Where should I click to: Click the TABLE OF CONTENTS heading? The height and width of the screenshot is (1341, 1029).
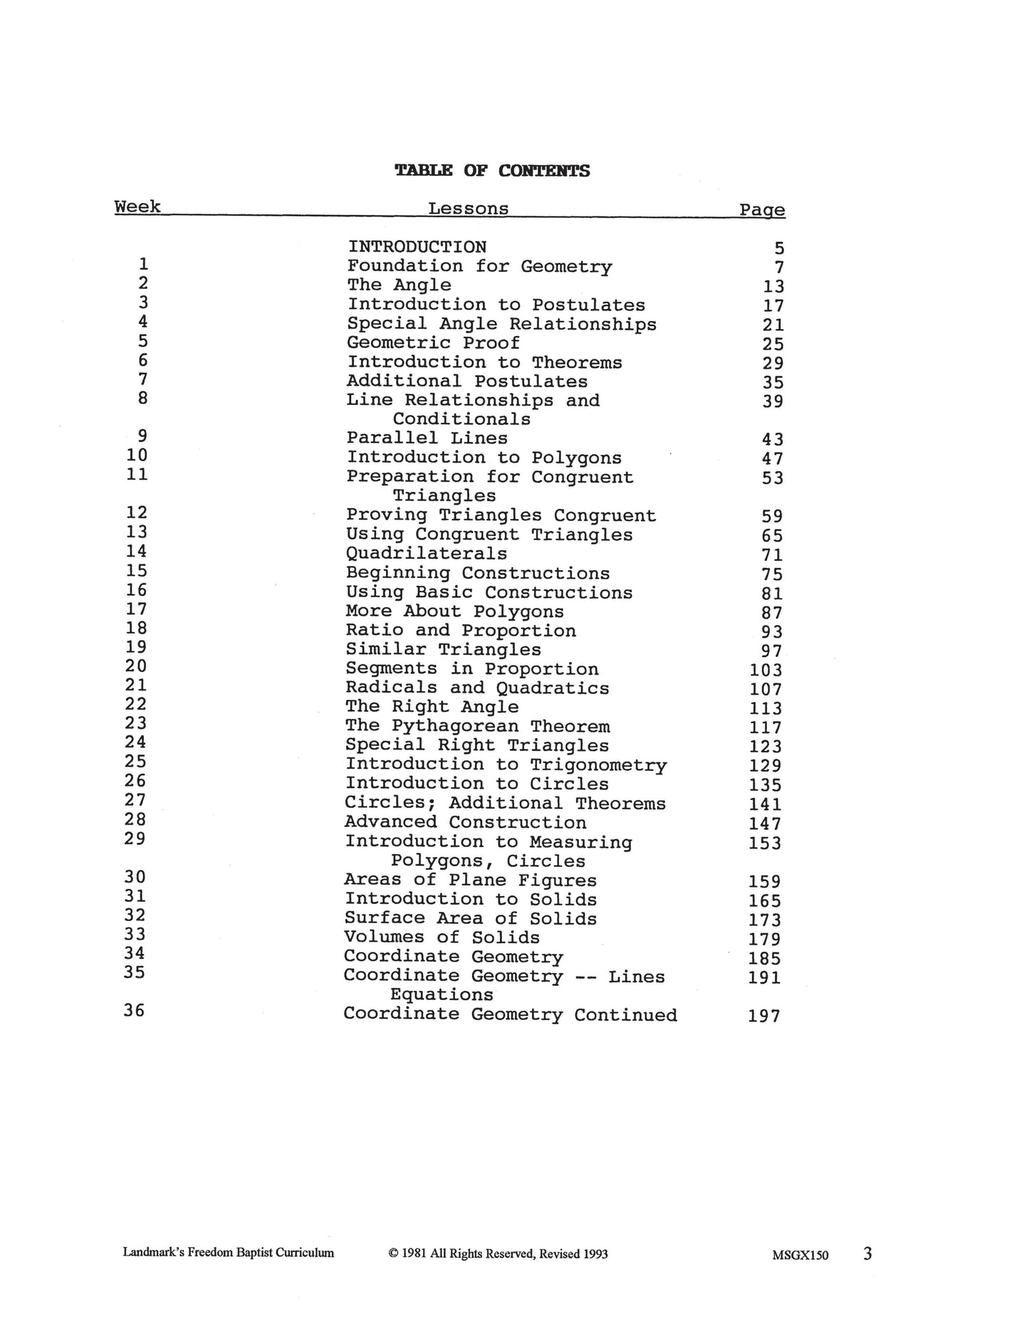coord(492,171)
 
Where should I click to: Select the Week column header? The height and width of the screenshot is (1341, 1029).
coord(137,207)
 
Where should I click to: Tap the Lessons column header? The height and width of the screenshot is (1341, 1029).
coord(468,209)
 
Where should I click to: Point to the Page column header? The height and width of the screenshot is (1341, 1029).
coord(762,210)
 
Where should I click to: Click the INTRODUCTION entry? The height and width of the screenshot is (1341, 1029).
coord(417,247)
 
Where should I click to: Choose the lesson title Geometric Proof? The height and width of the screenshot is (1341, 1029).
coord(433,343)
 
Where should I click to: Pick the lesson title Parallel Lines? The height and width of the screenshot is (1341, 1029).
coord(427,438)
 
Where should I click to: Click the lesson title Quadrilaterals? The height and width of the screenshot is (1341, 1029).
coord(427,554)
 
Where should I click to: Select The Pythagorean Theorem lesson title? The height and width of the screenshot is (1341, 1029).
coord(477,726)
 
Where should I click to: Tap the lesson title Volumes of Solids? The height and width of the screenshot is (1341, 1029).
coord(442,937)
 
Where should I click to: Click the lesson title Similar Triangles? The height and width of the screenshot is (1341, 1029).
coord(443,650)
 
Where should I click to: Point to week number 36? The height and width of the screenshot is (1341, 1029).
coord(135,1011)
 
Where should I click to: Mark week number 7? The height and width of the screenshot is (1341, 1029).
coord(142,379)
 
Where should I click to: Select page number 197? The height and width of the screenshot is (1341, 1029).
coord(764,1016)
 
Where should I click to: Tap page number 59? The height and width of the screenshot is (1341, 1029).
coord(772,517)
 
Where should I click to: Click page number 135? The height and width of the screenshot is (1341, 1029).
coord(766,785)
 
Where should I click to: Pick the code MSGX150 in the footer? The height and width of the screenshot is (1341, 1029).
coord(800,1256)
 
